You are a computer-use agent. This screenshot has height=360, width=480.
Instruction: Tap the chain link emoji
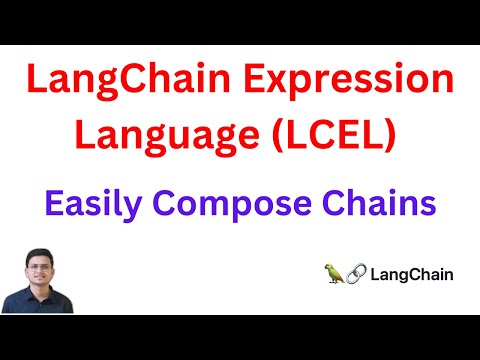point(357,272)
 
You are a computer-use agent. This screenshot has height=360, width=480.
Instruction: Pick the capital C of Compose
point(176,204)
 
